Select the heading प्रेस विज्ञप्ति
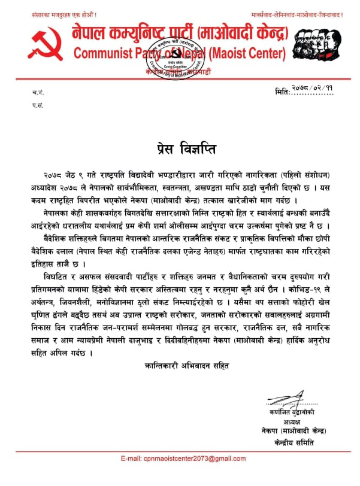[180, 147]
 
